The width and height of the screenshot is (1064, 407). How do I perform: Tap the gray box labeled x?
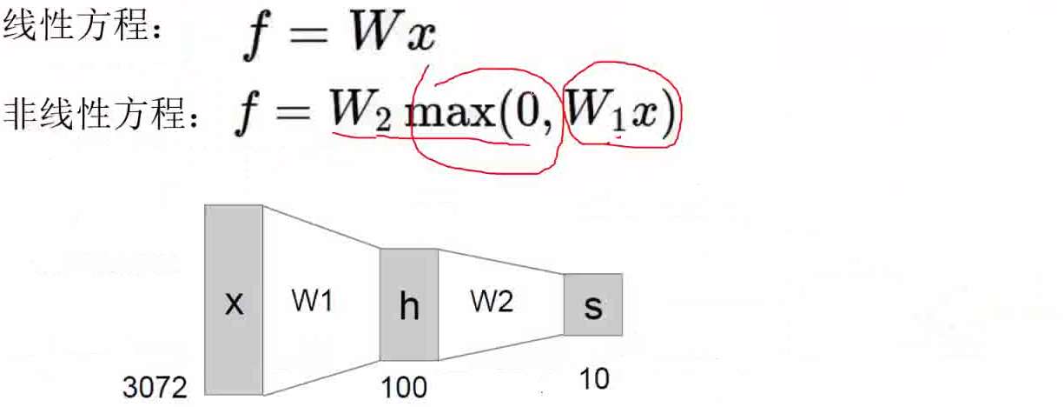234,301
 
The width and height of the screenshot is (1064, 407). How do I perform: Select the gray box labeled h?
409,305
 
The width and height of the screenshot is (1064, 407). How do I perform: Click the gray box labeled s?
593,304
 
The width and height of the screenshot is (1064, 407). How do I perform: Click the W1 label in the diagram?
312,302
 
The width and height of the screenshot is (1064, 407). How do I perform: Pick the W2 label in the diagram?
492,302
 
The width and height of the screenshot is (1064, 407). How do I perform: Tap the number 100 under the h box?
404,386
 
